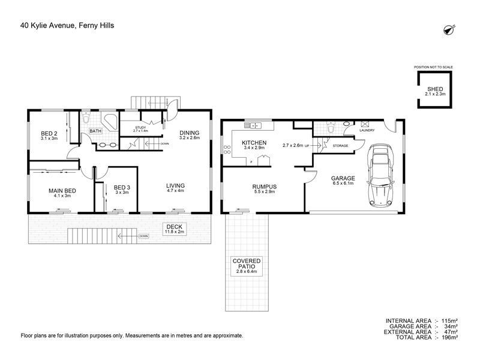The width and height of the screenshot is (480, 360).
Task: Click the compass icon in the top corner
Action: (449, 29)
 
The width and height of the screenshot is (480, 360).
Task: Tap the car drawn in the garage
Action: (380, 175)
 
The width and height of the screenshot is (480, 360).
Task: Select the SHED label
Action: (435, 89)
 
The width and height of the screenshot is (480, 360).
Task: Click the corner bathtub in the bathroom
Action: (109, 122)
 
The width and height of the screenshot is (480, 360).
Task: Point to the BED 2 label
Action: (49, 133)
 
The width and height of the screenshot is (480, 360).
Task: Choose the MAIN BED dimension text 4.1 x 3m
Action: (62, 196)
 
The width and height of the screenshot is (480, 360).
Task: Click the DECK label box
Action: (175, 229)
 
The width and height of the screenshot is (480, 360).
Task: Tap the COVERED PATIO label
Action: (247, 263)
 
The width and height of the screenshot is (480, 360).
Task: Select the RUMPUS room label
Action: (265, 187)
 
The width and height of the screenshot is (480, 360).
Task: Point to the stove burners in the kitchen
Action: (227, 149)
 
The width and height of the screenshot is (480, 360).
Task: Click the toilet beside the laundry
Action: (331, 127)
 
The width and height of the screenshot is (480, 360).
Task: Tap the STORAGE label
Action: (340, 146)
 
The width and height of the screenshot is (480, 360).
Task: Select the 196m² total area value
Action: (449, 337)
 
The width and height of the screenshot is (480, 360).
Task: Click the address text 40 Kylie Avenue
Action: (47, 25)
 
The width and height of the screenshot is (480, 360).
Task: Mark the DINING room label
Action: (190, 133)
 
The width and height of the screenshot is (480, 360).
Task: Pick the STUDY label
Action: (140, 128)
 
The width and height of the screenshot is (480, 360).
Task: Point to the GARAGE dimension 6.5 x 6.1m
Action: (343, 184)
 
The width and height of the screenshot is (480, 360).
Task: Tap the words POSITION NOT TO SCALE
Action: (433, 67)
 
